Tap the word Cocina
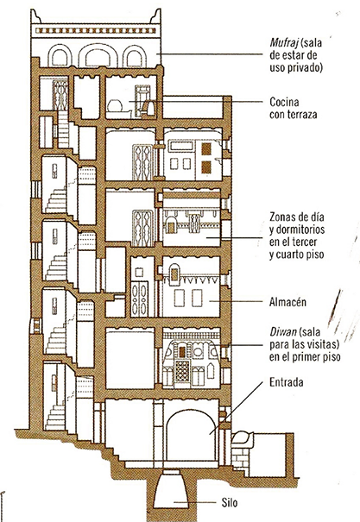[x=284, y=102]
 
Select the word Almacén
[x=287, y=302]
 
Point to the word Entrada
[x=287, y=382]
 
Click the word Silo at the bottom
[x=230, y=502]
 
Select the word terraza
[x=301, y=114]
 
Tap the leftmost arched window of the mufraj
[x=60, y=56]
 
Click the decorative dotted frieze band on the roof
[x=96, y=31]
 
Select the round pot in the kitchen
[x=115, y=106]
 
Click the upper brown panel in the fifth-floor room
[x=206, y=148]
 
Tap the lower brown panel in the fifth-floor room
[x=206, y=167]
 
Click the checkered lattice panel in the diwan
[x=182, y=369]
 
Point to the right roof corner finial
[x=156, y=16]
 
